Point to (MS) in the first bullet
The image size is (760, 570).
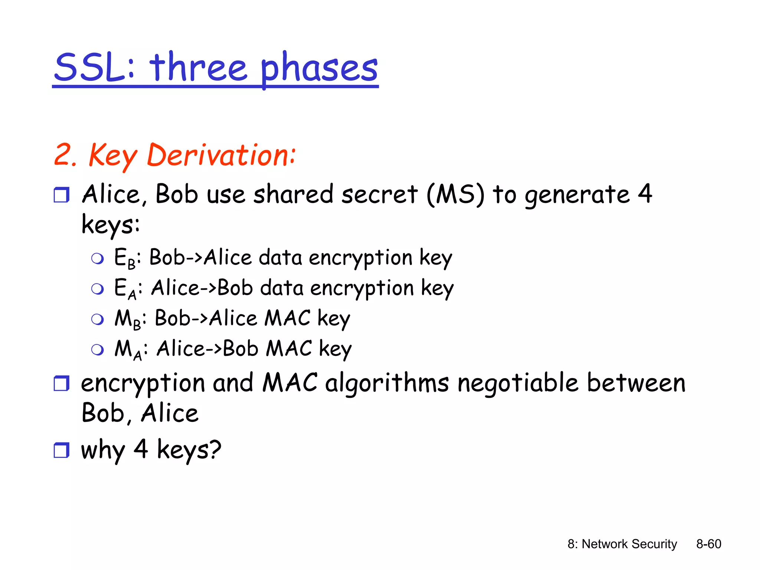pos(455,194)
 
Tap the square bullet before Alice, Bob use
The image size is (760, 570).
pos(61,195)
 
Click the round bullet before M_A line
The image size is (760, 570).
pos(98,350)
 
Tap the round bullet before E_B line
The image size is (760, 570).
pos(98,259)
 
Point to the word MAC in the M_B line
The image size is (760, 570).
pos(288,318)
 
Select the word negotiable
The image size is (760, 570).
pos(518,383)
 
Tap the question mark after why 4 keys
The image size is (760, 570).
pos(214,449)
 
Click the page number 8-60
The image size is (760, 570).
pos(708,544)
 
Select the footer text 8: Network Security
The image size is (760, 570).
pos(622,544)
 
